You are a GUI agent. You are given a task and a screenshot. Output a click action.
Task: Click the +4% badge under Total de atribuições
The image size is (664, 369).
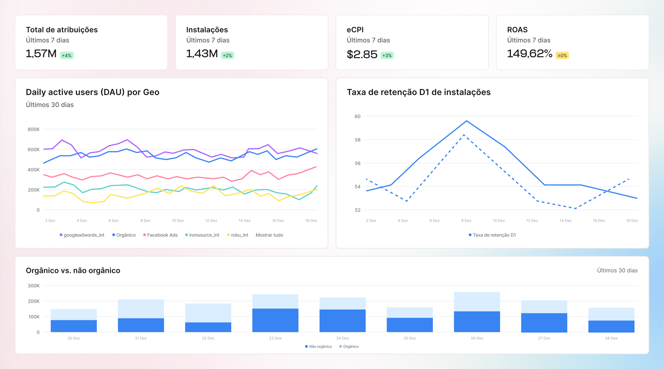(67, 56)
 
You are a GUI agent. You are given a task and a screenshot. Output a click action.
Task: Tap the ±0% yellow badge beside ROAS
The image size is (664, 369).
(562, 56)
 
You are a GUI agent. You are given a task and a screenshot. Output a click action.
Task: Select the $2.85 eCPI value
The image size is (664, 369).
(362, 54)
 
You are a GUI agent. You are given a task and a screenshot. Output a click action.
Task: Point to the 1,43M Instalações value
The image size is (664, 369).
(202, 54)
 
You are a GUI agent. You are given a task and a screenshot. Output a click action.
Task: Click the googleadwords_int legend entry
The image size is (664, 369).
(82, 235)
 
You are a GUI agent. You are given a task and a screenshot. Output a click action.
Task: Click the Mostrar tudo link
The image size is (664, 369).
(269, 235)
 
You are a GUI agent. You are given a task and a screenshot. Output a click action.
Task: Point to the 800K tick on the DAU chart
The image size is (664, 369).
(34, 129)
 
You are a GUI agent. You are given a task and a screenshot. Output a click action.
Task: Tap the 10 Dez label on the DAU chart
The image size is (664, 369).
(178, 221)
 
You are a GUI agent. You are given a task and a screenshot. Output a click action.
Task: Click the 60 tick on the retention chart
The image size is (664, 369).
(357, 117)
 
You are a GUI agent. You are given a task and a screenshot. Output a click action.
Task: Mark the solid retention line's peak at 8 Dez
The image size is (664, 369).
(466, 121)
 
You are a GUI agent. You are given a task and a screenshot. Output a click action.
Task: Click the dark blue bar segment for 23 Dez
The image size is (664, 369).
(275, 320)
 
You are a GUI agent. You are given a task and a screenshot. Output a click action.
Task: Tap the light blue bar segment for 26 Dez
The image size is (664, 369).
(477, 302)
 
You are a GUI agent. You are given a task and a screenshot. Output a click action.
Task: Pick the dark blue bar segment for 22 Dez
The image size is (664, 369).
(208, 327)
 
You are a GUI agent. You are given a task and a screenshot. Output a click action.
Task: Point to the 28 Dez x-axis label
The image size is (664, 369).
(611, 338)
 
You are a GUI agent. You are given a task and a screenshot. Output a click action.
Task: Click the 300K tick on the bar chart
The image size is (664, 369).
(34, 286)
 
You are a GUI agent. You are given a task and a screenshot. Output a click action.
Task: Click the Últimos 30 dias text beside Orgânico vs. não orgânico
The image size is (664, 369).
(617, 270)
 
